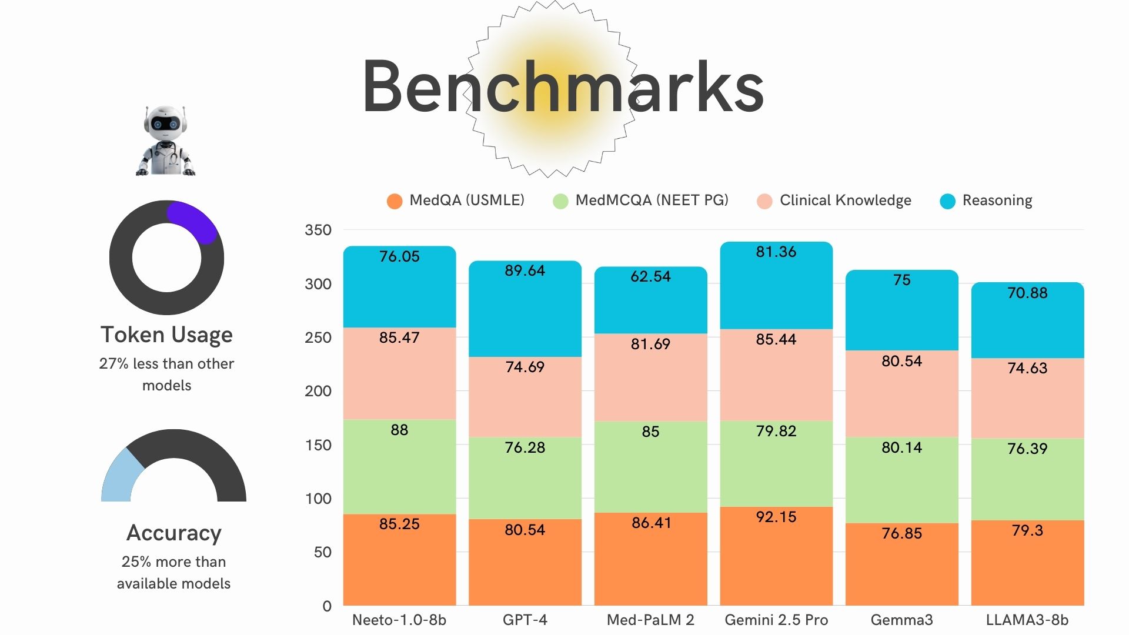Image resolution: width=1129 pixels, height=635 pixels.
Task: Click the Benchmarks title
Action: (563, 87)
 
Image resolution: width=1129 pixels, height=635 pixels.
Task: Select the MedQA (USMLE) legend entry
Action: (456, 200)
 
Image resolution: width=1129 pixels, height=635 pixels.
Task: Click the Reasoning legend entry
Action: (986, 200)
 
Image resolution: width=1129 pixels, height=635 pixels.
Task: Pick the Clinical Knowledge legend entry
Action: (834, 200)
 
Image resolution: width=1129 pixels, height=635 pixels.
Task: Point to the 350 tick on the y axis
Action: (318, 230)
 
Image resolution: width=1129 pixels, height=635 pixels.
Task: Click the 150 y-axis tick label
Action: (318, 445)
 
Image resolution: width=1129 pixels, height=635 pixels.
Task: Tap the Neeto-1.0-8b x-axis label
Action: (399, 620)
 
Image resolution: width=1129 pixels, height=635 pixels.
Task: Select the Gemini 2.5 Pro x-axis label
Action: (776, 620)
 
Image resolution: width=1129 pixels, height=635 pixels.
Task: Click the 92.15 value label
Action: (776, 517)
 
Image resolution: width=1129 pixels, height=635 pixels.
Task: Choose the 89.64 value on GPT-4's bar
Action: (525, 270)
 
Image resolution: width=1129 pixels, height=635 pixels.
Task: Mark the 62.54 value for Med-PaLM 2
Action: (650, 276)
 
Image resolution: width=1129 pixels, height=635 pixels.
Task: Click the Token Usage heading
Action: (166, 335)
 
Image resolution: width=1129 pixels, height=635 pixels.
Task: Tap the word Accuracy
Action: (174, 533)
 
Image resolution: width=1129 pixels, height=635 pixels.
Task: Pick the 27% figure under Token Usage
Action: (113, 364)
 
